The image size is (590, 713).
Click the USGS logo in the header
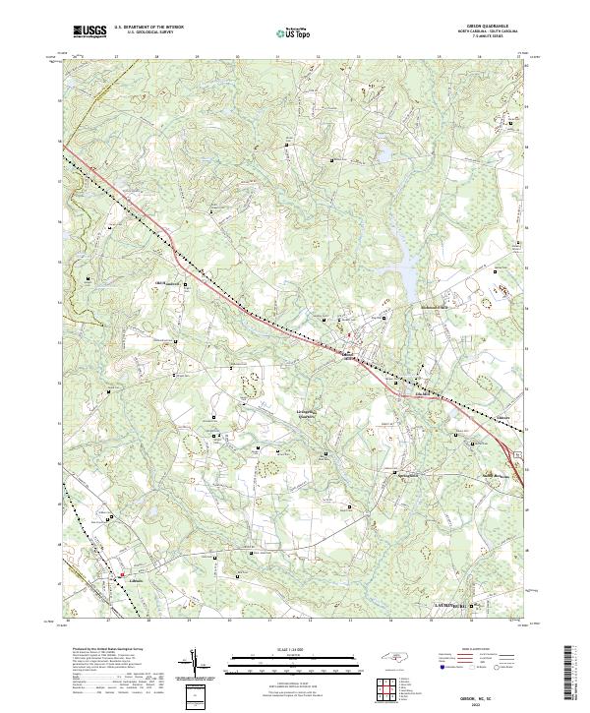[89, 31]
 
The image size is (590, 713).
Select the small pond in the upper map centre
[381, 155]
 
